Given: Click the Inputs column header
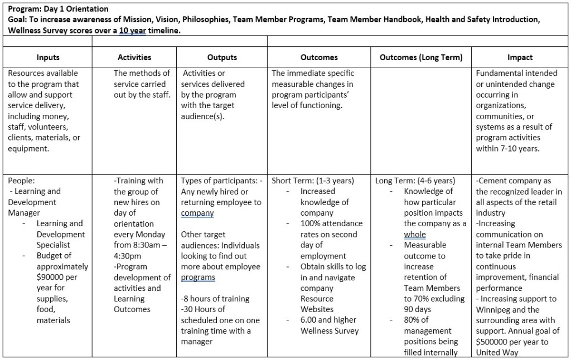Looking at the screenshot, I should click(x=48, y=57).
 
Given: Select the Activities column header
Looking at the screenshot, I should click(x=134, y=57).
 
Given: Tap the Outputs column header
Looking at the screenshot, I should click(x=222, y=57).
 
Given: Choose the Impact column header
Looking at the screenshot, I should click(x=520, y=57).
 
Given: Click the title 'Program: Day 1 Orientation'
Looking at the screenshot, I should click(x=59, y=9).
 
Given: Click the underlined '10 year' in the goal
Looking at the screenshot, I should click(x=132, y=30).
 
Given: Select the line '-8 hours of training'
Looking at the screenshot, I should click(x=215, y=299).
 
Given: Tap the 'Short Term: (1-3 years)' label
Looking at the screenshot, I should click(x=313, y=181).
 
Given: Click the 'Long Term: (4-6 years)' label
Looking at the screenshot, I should click(x=415, y=181).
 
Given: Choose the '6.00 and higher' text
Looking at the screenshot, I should click(x=328, y=320).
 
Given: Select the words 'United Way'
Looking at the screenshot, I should click(x=497, y=352).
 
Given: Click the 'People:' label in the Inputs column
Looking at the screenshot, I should click(x=21, y=181).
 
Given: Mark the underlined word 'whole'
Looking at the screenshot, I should click(x=415, y=234).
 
